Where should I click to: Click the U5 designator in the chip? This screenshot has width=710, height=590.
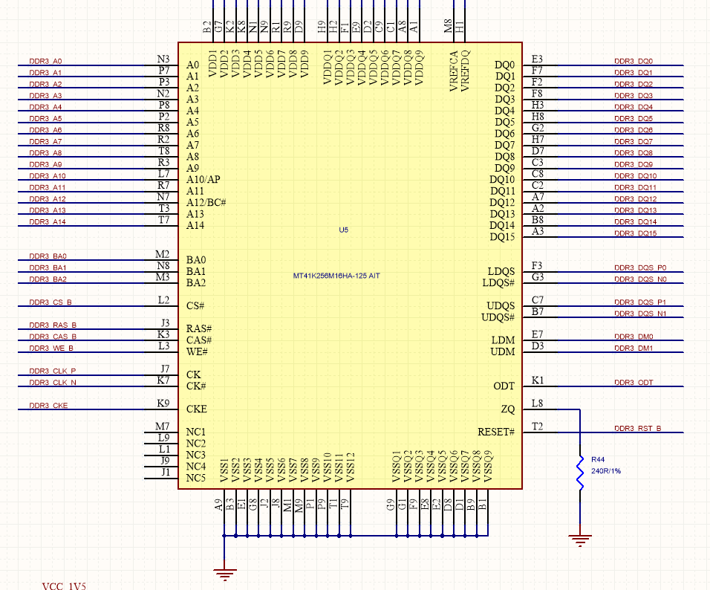coord(343,230)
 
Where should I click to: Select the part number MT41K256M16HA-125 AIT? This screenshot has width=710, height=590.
coord(336,276)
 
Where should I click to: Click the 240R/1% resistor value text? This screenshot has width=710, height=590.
coord(606,471)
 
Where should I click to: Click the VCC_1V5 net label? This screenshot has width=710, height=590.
coord(64,586)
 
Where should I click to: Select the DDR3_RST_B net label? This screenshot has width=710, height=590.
coord(637,429)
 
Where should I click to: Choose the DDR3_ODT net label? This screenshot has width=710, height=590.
coord(634,383)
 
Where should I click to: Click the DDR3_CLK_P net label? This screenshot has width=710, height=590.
coord(52,371)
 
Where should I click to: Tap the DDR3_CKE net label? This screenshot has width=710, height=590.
coord(48,406)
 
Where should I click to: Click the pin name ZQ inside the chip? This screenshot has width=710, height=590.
coord(507,409)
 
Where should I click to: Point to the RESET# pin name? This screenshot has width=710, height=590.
coord(495,432)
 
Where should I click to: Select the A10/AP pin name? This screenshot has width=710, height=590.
coord(203,180)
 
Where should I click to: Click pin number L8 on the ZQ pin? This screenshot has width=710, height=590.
coord(537,403)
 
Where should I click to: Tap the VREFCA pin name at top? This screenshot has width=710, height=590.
coord(454,71)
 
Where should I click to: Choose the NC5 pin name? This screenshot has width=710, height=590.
coord(195,478)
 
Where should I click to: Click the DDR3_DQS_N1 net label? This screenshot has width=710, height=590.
coord(640,314)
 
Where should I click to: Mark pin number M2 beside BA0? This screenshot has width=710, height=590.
coord(163,254)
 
